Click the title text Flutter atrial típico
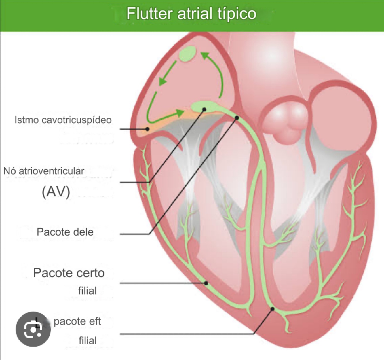[191, 14]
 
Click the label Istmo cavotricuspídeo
[63, 120]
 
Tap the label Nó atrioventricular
[44, 171]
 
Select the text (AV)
[56, 192]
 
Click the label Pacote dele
[65, 232]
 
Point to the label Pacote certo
[69, 273]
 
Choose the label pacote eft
[77, 321]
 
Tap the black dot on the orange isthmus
[147, 129]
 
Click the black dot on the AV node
[204, 109]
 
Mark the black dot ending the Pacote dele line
[237, 118]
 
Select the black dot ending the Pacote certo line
[206, 283]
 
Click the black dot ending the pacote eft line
[272, 309]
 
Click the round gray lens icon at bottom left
[33, 329]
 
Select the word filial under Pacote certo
[87, 291]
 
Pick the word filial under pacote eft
[88, 340]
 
